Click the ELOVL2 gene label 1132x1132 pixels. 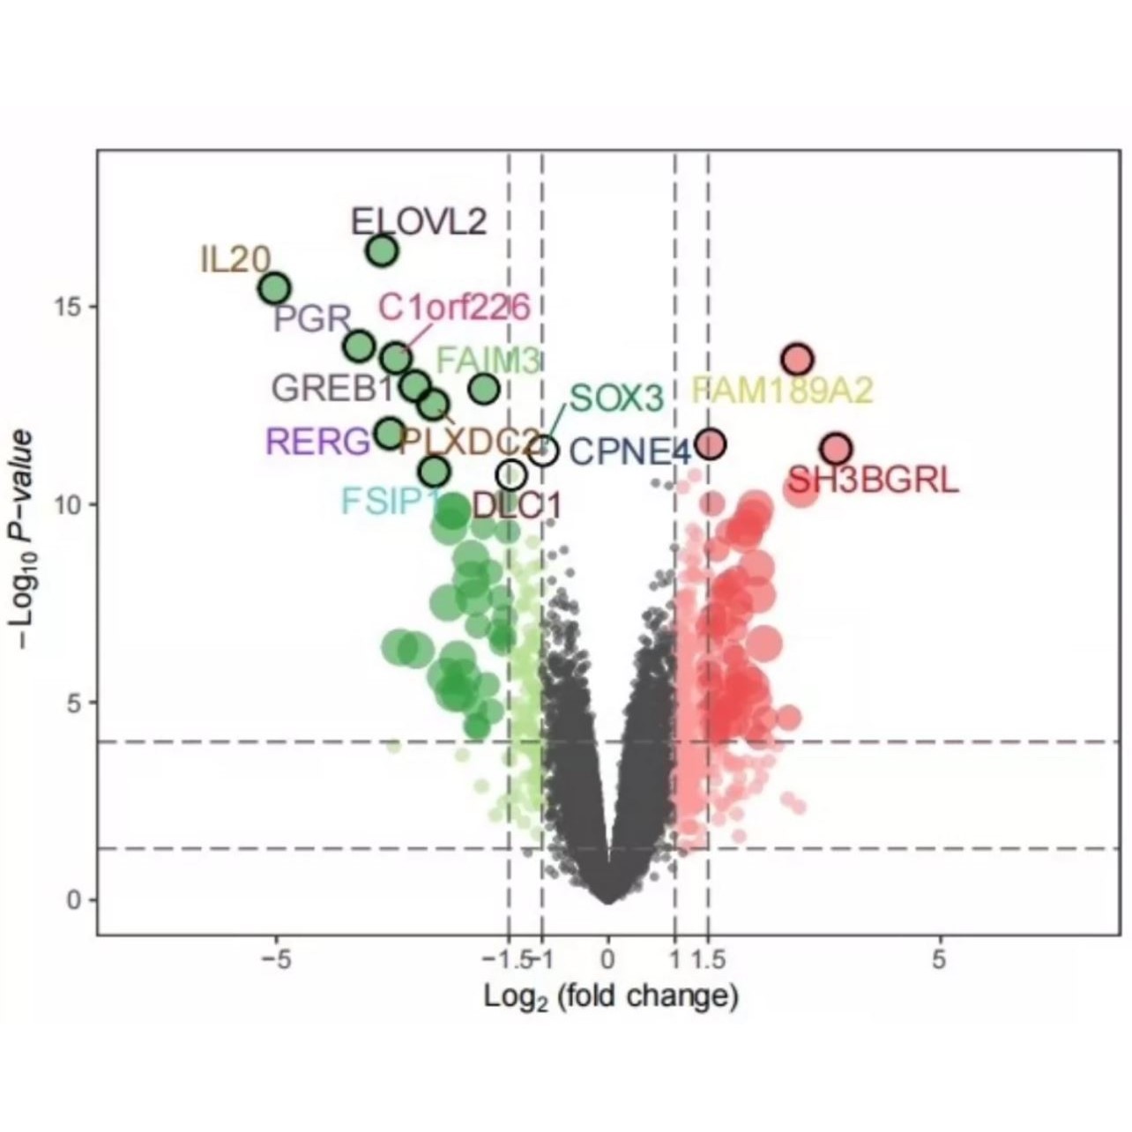click(x=418, y=221)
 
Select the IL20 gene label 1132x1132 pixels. click(x=235, y=260)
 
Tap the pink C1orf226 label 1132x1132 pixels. click(x=454, y=308)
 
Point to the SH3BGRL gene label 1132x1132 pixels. click(x=872, y=481)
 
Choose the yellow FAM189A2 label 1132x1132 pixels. click(x=782, y=390)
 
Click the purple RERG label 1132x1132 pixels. click(x=318, y=441)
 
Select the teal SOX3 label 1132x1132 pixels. click(x=615, y=398)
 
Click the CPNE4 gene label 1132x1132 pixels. click(x=629, y=452)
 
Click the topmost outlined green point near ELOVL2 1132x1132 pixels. click(x=382, y=251)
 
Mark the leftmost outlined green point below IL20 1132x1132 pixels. click(x=275, y=288)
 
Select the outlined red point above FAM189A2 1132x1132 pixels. click(x=797, y=360)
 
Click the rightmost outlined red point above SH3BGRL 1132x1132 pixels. click(x=836, y=449)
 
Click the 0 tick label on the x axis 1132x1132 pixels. click(x=607, y=958)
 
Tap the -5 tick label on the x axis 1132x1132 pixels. click(x=276, y=958)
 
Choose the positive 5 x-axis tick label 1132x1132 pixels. click(x=939, y=958)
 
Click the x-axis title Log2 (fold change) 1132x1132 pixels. click(x=610, y=997)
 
